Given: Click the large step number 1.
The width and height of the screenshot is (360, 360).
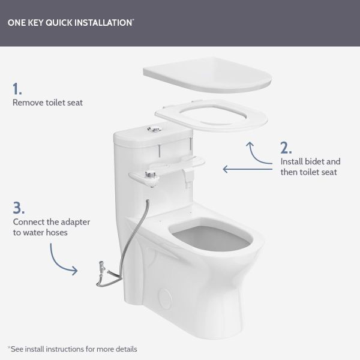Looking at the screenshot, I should coord(17,89).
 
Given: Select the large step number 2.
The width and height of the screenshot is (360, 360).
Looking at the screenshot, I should coord(286,148).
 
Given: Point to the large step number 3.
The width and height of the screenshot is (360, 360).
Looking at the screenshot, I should coord(19,208).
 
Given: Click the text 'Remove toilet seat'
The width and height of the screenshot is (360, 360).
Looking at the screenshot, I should coord(47,103).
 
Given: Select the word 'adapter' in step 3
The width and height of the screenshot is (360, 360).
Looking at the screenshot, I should coord(75,222).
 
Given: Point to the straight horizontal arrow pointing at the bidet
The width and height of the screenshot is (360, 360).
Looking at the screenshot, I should coord(248,169).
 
